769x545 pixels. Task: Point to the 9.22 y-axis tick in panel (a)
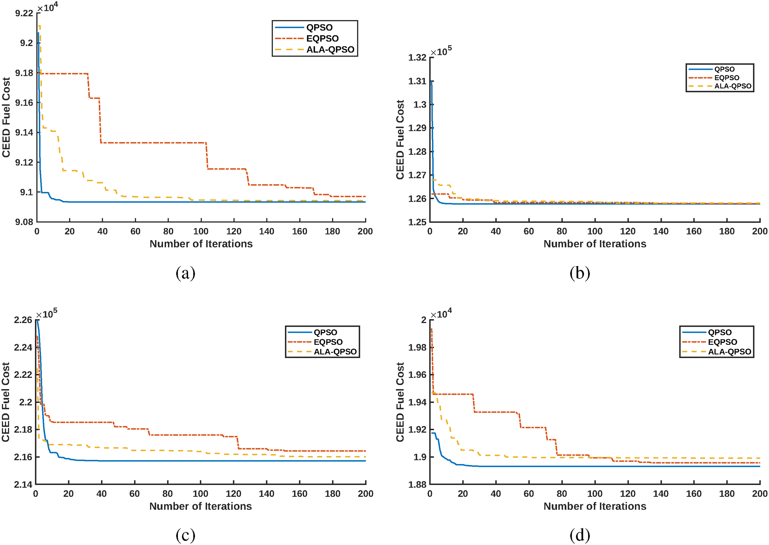(x=24, y=13)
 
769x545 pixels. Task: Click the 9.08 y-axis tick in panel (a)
(x=24, y=222)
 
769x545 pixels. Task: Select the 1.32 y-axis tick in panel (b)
(x=417, y=58)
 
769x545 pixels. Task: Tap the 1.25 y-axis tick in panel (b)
(x=417, y=222)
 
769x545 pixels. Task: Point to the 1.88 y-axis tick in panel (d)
(x=417, y=484)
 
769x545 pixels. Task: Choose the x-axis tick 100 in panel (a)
(x=201, y=232)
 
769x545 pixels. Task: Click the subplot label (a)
(x=186, y=273)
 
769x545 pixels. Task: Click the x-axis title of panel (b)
(x=595, y=244)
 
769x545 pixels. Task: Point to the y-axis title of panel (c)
(x=6, y=402)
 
